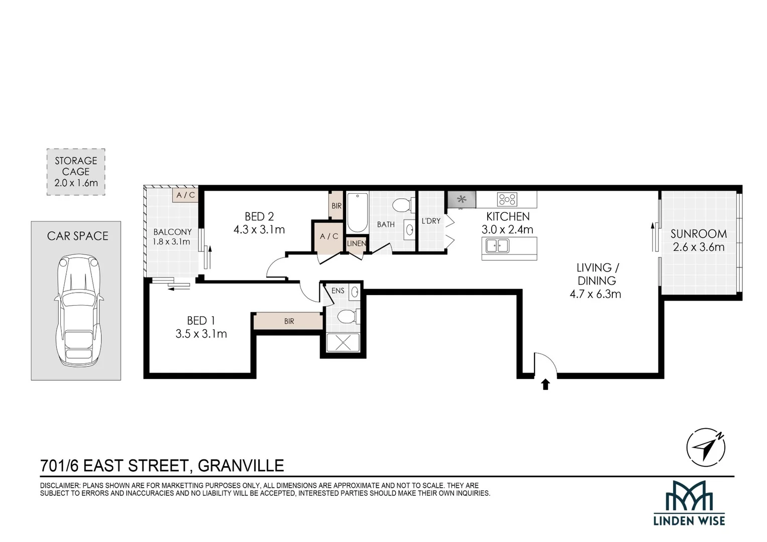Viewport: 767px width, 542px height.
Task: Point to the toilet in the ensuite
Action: pos(347,317)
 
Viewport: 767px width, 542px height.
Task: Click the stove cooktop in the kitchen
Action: pos(507,199)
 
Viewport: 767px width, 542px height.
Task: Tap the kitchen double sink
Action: pos(496,246)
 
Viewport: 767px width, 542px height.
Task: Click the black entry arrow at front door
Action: pos(545,384)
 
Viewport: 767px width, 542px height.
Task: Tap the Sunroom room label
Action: pos(698,234)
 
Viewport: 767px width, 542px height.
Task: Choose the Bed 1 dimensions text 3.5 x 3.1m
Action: pos(201,334)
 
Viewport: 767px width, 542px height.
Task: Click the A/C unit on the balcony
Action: pos(185,195)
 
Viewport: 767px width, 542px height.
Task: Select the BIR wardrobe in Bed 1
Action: pos(288,321)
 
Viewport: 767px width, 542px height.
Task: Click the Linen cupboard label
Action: pos(356,243)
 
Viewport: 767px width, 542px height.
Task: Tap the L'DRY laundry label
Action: pos(431,221)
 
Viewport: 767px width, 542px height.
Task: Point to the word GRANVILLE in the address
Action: pos(241,466)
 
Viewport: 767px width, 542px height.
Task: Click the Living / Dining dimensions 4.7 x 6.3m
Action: pos(595,294)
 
